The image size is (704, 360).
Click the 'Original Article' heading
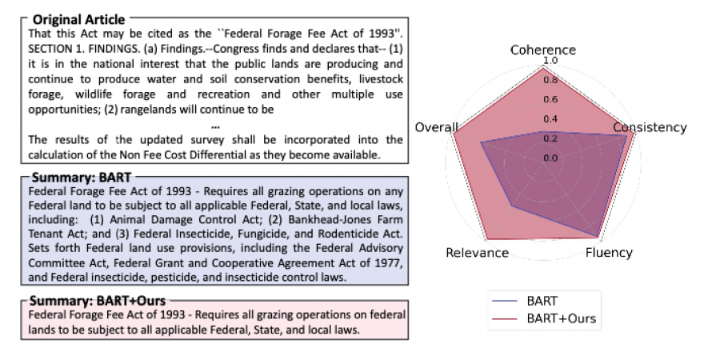78,18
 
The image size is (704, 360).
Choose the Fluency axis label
608,253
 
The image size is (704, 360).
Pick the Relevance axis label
477,253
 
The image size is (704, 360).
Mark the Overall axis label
437,128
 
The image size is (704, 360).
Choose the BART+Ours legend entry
560,318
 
